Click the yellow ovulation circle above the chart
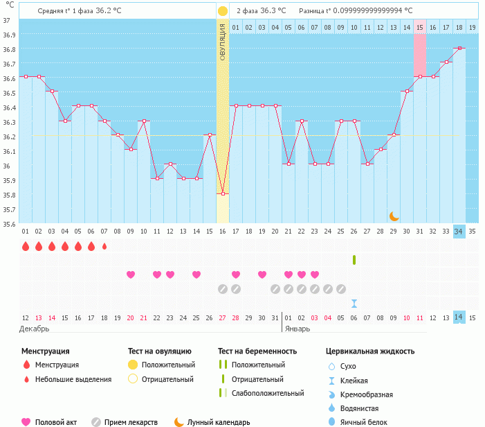tap(223, 11)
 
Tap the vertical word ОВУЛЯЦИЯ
tap(223, 42)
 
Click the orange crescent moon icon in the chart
tap(394, 216)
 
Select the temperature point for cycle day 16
tap(223, 193)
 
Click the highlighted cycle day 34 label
tap(459, 232)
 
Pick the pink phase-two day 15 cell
tap(420, 27)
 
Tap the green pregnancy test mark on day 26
tap(354, 260)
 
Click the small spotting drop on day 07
tap(104, 246)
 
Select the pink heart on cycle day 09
tap(131, 274)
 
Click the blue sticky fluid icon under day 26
tap(354, 304)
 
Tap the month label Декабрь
tap(35, 328)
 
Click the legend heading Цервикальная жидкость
tap(370, 351)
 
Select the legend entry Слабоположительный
tap(268, 393)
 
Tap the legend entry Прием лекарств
tap(131, 422)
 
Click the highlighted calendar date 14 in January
tap(459, 317)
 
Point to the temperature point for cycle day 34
tap(459, 49)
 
